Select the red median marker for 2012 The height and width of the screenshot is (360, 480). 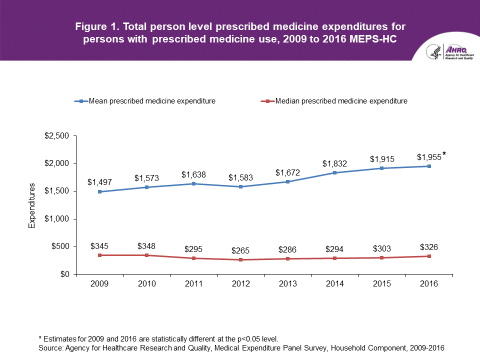(x=241, y=260)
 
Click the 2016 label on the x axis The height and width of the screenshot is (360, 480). (x=428, y=283)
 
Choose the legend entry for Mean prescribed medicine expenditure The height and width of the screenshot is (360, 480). (x=145, y=101)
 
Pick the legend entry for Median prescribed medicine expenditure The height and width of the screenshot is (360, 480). (x=334, y=101)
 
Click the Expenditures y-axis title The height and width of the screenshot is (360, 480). (x=32, y=205)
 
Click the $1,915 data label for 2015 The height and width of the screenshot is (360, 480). (x=382, y=159)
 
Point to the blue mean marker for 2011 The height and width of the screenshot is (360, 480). (x=194, y=184)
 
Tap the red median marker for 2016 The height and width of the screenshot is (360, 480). (x=428, y=256)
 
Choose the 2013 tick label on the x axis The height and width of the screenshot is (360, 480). (x=288, y=283)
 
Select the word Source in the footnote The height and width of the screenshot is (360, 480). (x=50, y=347)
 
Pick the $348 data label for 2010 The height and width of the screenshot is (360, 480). (x=147, y=245)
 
